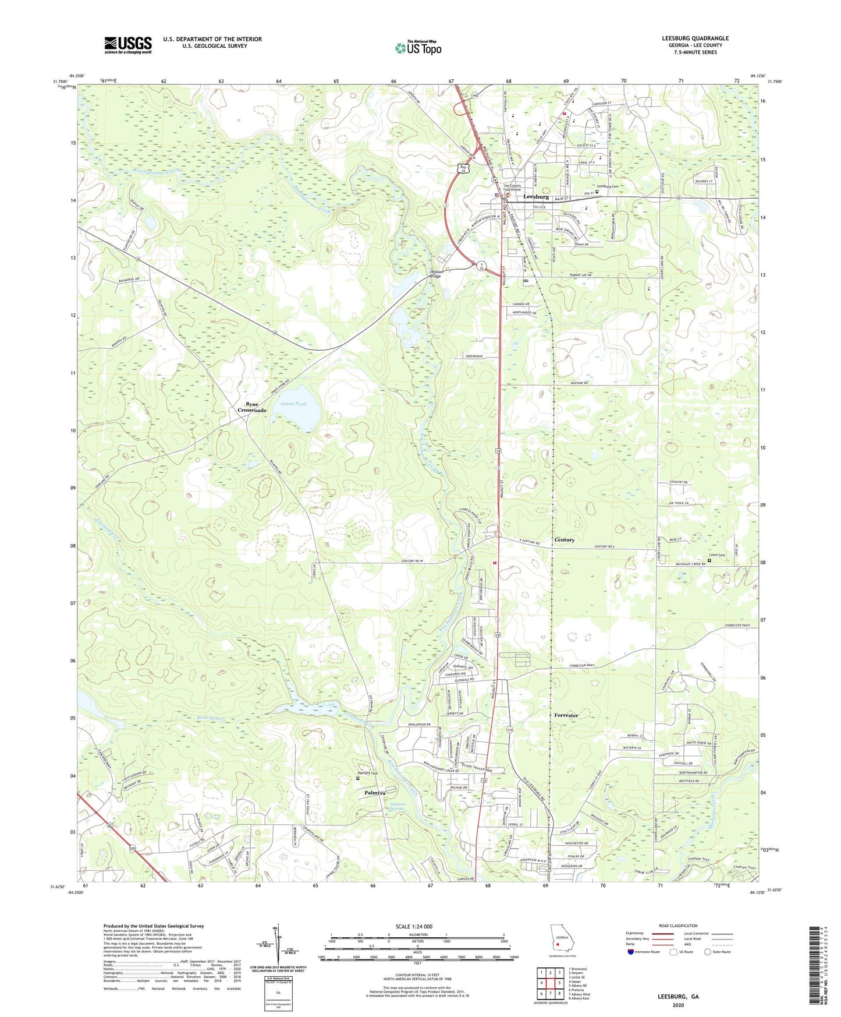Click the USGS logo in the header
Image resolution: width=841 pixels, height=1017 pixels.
click(128, 44)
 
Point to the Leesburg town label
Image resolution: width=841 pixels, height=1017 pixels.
click(536, 197)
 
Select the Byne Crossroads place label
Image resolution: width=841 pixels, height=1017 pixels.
click(251, 407)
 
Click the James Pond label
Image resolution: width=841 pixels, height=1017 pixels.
click(293, 404)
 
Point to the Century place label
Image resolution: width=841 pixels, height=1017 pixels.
click(564, 540)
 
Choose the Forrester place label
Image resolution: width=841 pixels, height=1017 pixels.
click(566, 715)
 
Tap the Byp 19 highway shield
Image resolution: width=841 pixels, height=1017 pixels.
click(463, 169)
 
